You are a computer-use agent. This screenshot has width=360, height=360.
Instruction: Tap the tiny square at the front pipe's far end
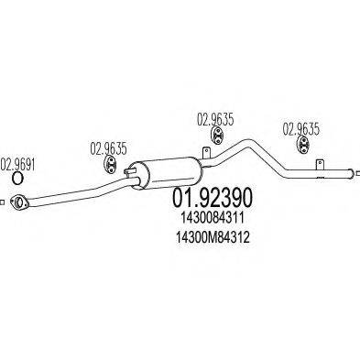pyautogui.click(x=3, y=200)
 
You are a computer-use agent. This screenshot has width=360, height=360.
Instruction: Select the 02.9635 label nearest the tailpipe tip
pyautogui.click(x=300, y=129)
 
